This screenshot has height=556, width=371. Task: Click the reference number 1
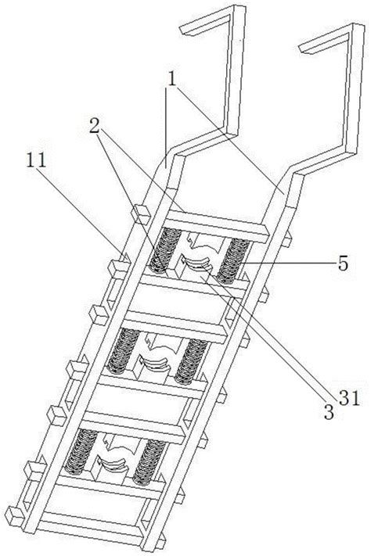coord(172,80)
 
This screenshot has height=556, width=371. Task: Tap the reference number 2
coord(94,126)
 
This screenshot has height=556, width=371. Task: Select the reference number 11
coord(36,160)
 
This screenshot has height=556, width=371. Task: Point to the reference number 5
coord(342,264)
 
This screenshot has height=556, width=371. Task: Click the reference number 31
coord(350,399)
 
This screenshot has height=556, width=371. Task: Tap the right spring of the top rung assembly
coord(233,260)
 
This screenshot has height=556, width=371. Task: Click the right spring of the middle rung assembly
coord(191,361)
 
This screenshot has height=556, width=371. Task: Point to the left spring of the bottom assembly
coord(81,451)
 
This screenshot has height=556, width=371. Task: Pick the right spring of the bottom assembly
coord(149,462)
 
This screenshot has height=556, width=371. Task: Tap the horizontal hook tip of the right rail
coord(304,49)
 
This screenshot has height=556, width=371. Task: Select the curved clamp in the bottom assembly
coord(111,465)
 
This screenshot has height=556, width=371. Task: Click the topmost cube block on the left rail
coord(141,214)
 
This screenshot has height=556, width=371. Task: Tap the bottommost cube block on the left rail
coord(16,516)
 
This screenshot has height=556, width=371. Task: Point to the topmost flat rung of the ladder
coord(216,226)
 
